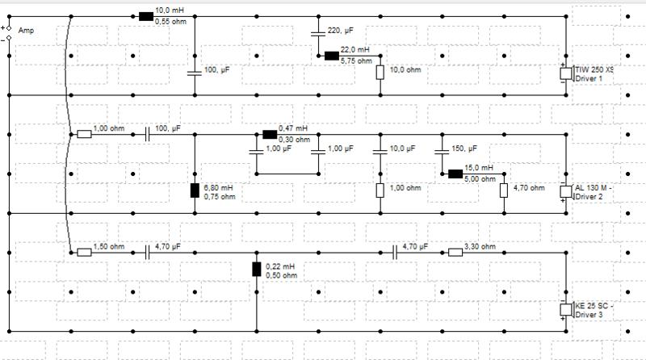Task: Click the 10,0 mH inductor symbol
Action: (x=146, y=16)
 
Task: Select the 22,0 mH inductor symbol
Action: (x=332, y=56)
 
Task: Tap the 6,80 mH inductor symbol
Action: (x=195, y=190)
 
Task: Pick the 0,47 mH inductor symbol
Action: (x=270, y=134)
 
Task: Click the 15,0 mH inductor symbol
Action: (x=455, y=174)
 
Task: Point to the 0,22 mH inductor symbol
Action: (x=257, y=269)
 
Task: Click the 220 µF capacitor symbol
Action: (x=318, y=33)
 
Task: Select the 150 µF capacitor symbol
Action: (x=442, y=152)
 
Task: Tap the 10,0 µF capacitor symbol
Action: (x=380, y=152)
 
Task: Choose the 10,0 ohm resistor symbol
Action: (x=380, y=73)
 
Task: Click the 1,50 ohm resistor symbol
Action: (x=85, y=253)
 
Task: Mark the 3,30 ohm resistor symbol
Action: (x=455, y=253)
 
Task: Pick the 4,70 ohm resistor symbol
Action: (x=504, y=190)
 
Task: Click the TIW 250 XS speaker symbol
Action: (x=567, y=73)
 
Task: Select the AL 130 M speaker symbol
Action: (x=567, y=191)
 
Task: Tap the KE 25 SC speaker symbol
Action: (x=567, y=309)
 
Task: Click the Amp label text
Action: (x=26, y=31)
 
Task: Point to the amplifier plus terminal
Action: (x=9, y=28)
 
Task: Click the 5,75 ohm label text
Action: (x=356, y=61)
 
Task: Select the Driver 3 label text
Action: (x=589, y=315)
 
